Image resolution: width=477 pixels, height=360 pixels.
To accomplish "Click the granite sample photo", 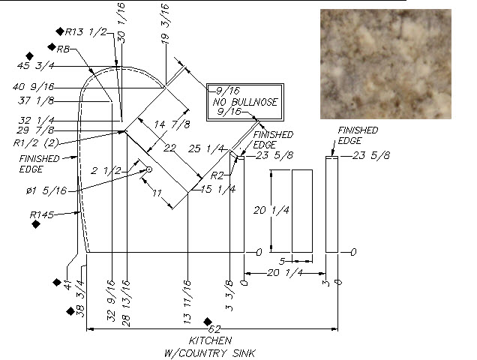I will [385, 63].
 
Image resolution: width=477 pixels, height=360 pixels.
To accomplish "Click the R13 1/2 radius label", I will [87, 31].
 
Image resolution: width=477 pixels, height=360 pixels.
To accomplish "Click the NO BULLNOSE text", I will [244, 102].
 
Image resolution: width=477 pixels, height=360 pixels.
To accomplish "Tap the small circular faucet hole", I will [148, 170].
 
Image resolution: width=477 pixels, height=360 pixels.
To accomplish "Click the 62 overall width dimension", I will [214, 329].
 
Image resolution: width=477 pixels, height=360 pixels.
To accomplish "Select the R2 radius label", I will [217, 175].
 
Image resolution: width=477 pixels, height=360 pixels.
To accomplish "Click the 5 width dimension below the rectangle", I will [282, 261].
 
